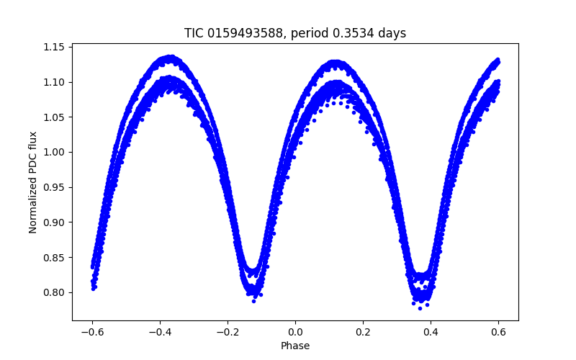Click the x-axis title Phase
pos(295,346)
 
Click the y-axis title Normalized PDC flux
pos(33,180)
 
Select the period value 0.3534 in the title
pos(356,33)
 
